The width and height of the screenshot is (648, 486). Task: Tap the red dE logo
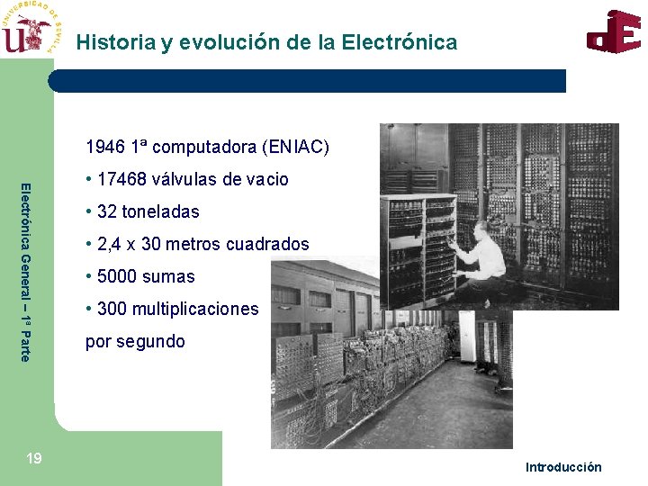pyautogui.click(x=614, y=32)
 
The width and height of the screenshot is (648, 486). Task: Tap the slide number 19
pyautogui.click(x=33, y=459)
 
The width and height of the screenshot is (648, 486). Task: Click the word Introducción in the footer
pyautogui.click(x=563, y=466)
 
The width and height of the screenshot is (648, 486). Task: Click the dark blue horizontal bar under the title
pyautogui.click(x=306, y=81)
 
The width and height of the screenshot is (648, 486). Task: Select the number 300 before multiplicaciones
pyautogui.click(x=112, y=309)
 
